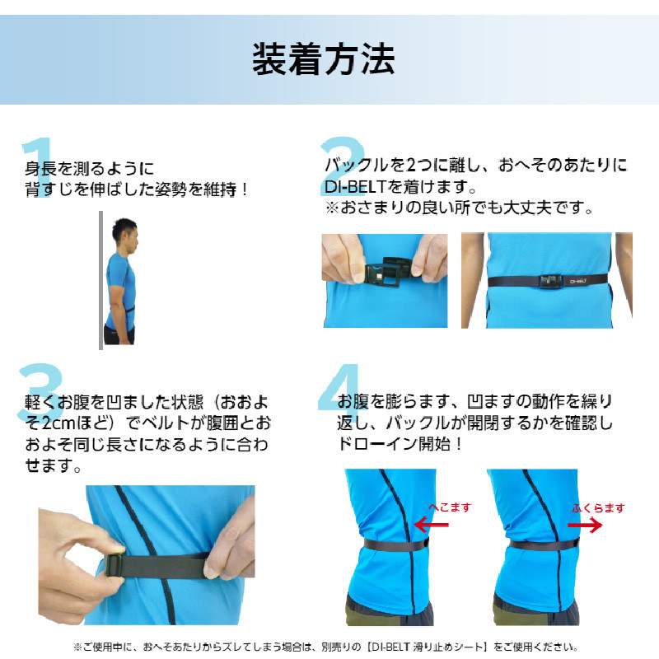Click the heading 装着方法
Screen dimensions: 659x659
click(324, 58)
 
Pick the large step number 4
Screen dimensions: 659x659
click(340, 394)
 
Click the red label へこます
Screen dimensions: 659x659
click(450, 507)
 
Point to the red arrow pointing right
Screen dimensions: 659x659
click(587, 524)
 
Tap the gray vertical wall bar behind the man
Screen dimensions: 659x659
click(100, 280)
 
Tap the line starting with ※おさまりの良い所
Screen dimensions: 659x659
click(459, 208)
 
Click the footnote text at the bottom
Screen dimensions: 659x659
click(329, 647)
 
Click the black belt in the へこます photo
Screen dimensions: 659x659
click(395, 544)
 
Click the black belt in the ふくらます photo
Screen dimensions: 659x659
click(544, 544)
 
